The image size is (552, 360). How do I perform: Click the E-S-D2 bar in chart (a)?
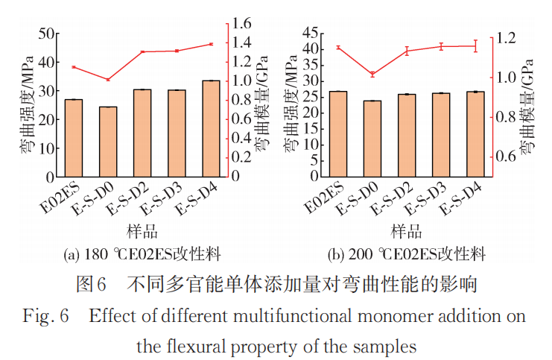142,133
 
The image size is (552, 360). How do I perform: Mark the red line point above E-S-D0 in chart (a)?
108,80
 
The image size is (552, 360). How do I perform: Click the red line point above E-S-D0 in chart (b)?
372,74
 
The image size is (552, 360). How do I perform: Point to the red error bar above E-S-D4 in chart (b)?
475,45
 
